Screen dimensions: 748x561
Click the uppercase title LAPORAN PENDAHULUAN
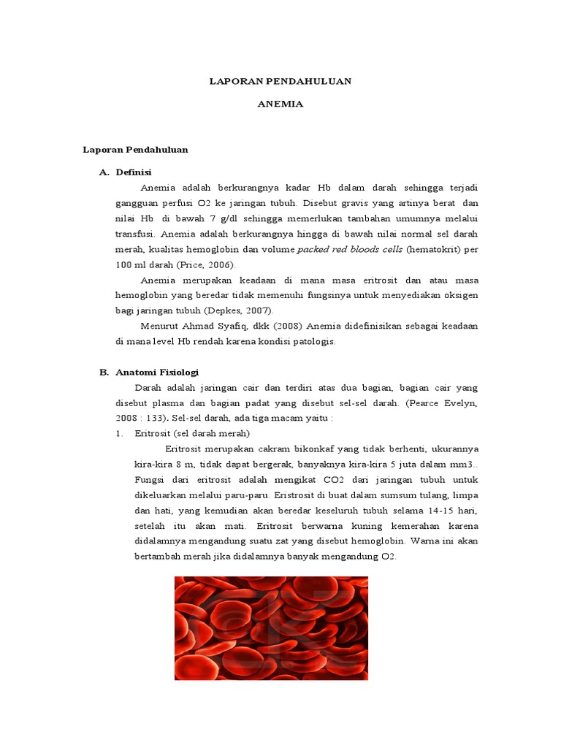point(280,81)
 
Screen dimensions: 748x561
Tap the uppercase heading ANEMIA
point(280,104)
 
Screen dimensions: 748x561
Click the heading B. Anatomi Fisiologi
point(149,372)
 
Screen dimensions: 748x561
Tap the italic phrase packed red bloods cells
point(349,250)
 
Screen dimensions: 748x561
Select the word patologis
point(312,341)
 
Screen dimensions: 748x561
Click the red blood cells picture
point(271,628)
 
